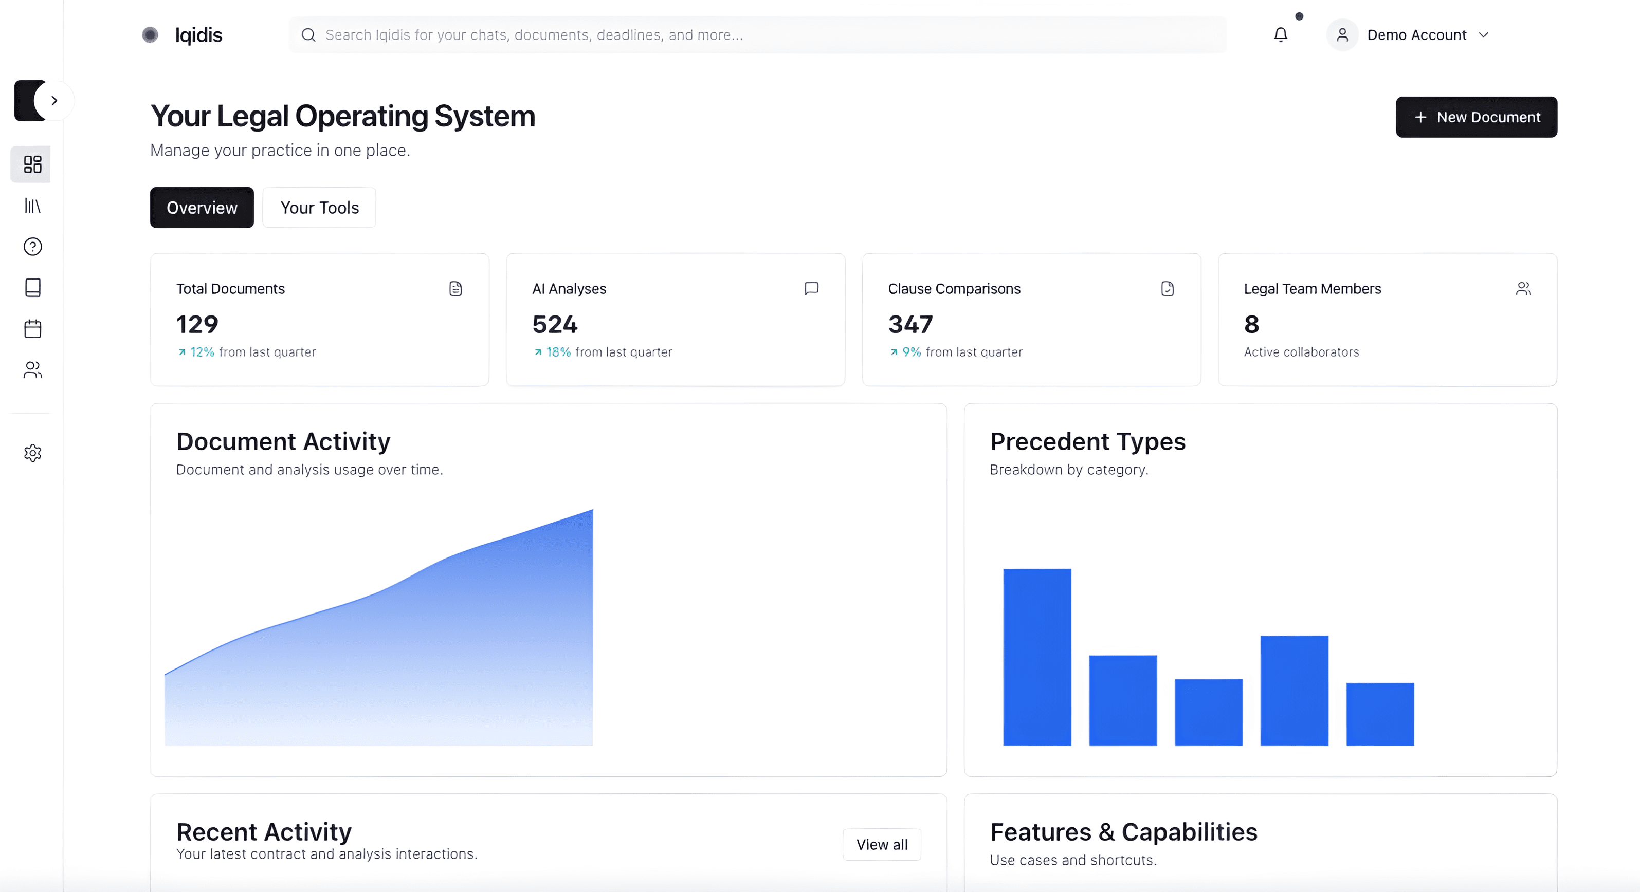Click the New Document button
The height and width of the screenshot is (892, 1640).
[x=1477, y=117]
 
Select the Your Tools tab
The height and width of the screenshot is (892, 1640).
[x=320, y=208]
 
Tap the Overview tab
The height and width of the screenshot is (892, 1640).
[x=202, y=208]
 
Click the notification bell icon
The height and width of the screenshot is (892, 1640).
[x=1280, y=34]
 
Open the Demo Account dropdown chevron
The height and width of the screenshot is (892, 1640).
[x=1483, y=35]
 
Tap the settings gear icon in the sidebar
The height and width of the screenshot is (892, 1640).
[x=32, y=453]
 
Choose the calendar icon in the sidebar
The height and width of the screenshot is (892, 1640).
[x=32, y=329]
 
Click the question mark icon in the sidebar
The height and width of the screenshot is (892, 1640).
[x=32, y=246]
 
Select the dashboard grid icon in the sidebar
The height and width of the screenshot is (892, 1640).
[x=32, y=164]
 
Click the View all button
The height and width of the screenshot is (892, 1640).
[x=882, y=844]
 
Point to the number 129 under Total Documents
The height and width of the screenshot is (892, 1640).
[x=197, y=324]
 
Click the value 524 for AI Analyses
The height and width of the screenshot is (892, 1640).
[x=555, y=324]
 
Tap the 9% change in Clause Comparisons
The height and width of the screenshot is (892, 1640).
[x=911, y=352]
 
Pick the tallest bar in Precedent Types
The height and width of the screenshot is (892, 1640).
[x=1037, y=657]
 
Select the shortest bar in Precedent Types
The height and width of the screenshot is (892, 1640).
[x=1380, y=714]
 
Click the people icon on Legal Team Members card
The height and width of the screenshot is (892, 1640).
[x=1523, y=289]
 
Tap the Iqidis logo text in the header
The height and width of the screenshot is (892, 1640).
[x=198, y=35]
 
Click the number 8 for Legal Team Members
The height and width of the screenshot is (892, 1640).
[x=1252, y=324]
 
